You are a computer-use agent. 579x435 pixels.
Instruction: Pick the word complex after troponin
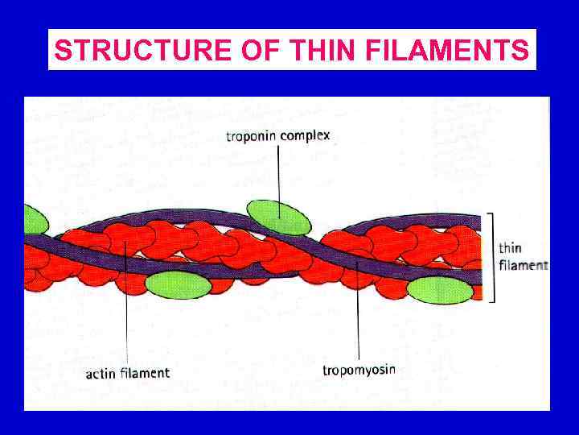point(306,136)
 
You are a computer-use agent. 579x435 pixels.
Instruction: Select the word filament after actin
point(145,373)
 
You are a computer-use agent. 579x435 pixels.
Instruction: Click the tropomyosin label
point(359,371)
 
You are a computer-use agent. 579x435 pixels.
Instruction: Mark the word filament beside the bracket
point(523,264)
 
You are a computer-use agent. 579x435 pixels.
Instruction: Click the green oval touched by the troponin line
point(278,217)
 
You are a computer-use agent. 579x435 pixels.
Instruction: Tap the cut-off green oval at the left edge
point(35,219)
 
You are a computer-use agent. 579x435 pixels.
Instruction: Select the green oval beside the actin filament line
point(178,284)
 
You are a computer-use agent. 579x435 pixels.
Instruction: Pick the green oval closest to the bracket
point(440,291)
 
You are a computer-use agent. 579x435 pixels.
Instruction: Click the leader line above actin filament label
point(128,322)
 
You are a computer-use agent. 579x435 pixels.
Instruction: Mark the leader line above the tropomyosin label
point(358,322)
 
